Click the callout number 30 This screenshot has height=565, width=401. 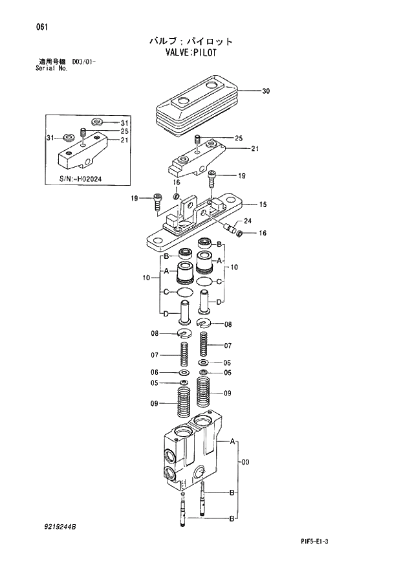point(265,91)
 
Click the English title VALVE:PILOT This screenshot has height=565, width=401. point(190,53)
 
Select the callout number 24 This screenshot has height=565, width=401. point(247,221)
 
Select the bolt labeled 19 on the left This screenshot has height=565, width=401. point(157,203)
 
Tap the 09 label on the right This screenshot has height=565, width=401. point(228,393)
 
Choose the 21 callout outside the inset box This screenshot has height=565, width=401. point(255,149)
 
